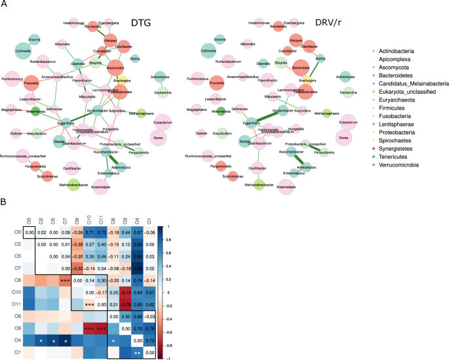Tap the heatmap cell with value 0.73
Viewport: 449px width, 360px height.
(102, 233)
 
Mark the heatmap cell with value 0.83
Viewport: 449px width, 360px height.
(137, 245)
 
